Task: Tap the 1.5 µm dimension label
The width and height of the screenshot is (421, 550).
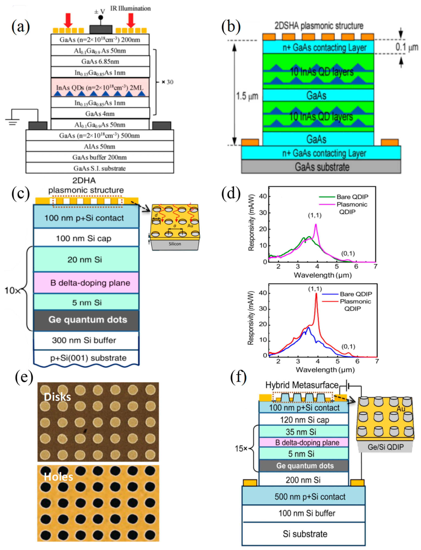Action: tap(247, 96)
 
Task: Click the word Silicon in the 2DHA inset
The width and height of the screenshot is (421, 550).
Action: tap(175, 244)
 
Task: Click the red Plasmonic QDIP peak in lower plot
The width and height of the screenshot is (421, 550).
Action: tap(316, 294)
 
